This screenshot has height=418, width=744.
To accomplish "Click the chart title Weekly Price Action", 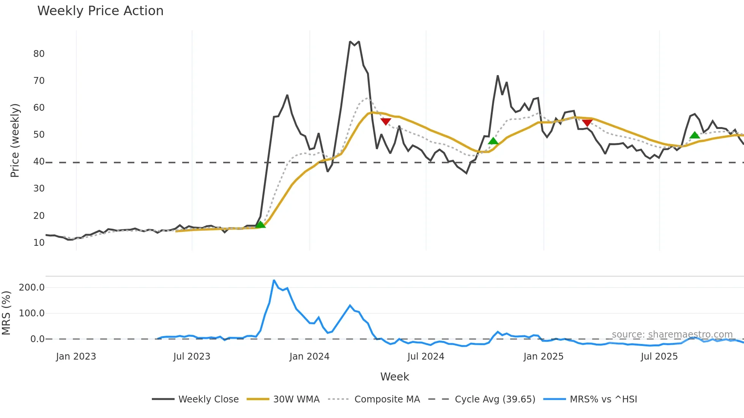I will (x=100, y=11).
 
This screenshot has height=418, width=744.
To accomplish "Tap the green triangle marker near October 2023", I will (x=260, y=225).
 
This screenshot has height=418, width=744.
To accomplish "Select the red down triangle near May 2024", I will (x=386, y=121).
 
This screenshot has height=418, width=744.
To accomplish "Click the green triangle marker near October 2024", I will (x=493, y=141).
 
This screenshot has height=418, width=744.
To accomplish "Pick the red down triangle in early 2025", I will (x=587, y=123).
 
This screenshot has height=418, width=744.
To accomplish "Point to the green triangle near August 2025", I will (x=695, y=135).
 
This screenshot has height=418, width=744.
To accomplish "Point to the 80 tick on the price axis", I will (x=39, y=54).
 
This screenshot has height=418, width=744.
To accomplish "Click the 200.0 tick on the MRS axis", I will (x=32, y=288).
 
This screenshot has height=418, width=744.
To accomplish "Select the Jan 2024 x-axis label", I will (x=309, y=357).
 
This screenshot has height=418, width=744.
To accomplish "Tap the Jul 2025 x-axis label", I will (x=659, y=357).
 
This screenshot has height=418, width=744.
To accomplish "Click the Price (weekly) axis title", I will (x=15, y=140).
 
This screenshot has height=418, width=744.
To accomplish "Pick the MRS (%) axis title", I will (x=6, y=313).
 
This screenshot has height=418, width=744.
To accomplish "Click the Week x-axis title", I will (x=394, y=377).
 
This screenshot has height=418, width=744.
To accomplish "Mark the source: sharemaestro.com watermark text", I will (x=672, y=335).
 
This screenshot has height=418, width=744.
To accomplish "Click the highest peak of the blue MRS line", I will (x=274, y=281).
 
